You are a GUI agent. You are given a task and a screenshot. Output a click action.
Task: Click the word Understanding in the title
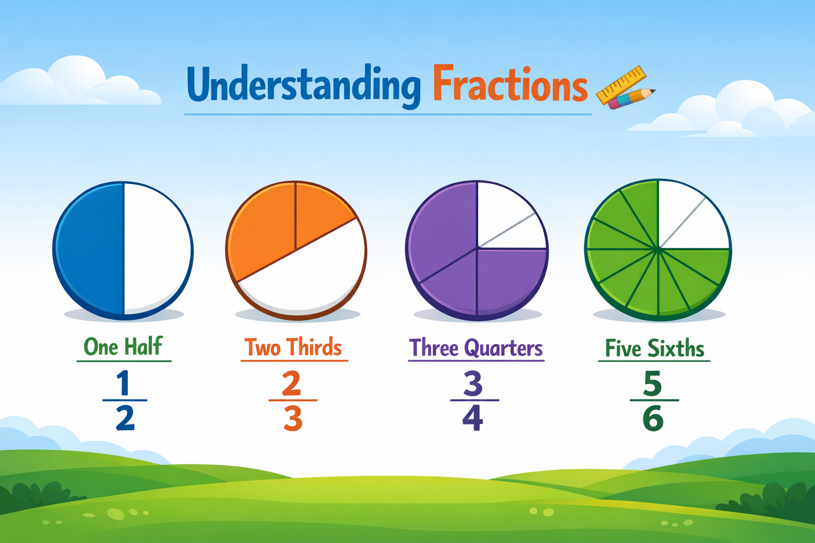(x=304, y=85)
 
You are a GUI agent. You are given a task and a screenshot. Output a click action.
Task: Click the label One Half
(x=123, y=347)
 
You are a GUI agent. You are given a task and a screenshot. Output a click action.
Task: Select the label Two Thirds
(x=293, y=347)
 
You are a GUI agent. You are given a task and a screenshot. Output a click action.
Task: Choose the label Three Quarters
(x=476, y=348)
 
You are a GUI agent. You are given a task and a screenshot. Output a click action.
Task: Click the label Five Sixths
(x=655, y=348)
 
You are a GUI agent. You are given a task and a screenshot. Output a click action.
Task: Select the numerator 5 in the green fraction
(x=653, y=383)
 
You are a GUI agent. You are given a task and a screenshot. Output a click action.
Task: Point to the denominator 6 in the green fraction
(x=653, y=419)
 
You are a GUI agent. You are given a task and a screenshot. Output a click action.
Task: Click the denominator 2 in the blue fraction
(x=125, y=418)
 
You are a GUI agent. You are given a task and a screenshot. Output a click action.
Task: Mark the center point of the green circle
(x=658, y=248)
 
